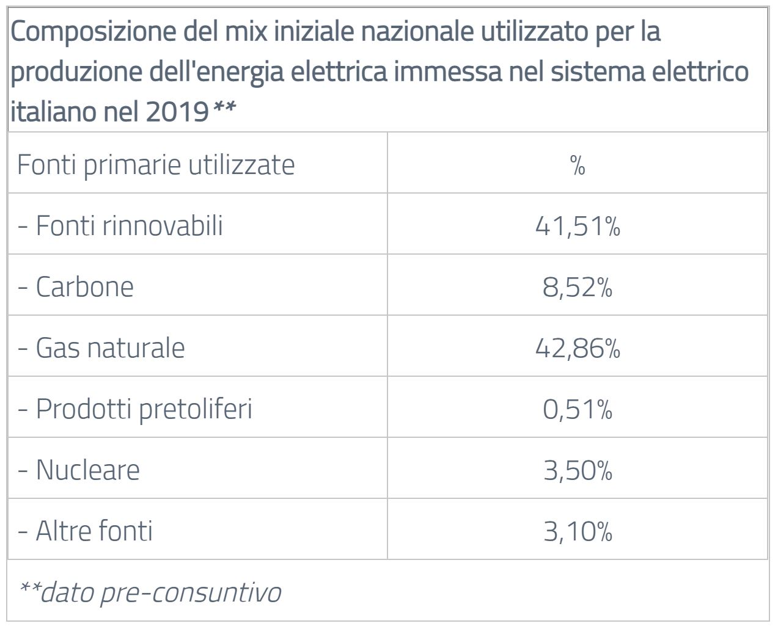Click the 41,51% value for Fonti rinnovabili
click(578, 227)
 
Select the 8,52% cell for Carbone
click(578, 287)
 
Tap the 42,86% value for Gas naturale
click(578, 348)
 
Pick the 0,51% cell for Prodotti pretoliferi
click(578, 409)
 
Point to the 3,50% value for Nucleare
click(578, 470)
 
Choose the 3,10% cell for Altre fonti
click(578, 531)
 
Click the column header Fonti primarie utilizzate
click(156, 164)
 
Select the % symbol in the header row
click(578, 165)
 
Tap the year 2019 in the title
click(178, 112)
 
